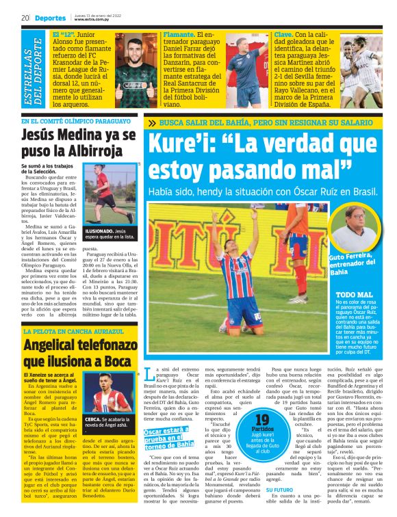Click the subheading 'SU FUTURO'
(278, 490)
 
